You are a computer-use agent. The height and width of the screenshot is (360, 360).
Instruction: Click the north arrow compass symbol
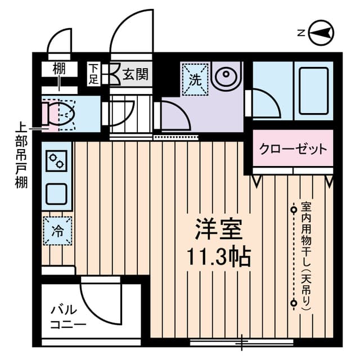[322, 33]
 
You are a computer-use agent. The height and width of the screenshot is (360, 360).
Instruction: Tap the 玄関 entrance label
[136, 74]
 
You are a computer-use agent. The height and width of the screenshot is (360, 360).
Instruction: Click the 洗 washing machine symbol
[195, 79]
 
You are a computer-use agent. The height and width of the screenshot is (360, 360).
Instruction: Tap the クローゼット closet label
[292, 149]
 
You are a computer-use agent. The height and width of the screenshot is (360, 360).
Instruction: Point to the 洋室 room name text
[218, 229]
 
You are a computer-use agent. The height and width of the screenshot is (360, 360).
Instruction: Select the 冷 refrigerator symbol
[57, 231]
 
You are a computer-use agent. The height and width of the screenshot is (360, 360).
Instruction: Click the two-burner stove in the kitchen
[57, 161]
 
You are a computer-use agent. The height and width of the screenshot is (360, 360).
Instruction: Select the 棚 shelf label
[59, 70]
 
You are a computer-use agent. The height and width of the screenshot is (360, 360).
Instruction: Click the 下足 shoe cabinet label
[93, 74]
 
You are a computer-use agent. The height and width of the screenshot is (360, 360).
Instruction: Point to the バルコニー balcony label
[67, 318]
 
